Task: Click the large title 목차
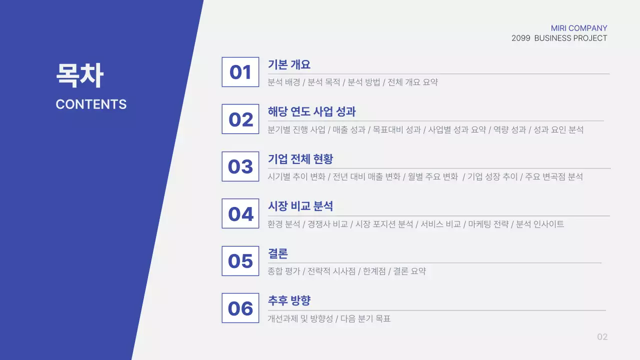[79, 76]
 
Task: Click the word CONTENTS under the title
[91, 104]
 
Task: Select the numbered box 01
[240, 72]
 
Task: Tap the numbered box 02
[240, 119]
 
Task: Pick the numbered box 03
[240, 166]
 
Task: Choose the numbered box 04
[240, 213]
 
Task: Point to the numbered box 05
[240, 261]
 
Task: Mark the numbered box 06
[240, 308]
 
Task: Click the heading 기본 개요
[289, 64]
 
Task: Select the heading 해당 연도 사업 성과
[311, 111]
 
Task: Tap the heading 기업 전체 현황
[300, 159]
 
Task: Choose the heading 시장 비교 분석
[300, 206]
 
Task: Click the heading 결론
[278, 253]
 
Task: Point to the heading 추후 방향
[289, 300]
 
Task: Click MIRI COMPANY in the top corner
[579, 28]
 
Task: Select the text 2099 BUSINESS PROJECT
[559, 38]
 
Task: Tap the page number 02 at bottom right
[602, 337]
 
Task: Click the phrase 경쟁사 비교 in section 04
[327, 224]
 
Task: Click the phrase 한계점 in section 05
[374, 271]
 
